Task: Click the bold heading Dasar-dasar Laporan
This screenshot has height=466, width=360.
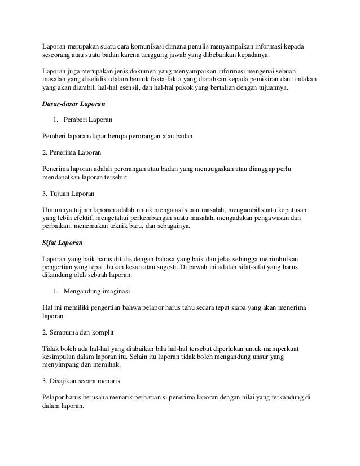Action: (x=76, y=104)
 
